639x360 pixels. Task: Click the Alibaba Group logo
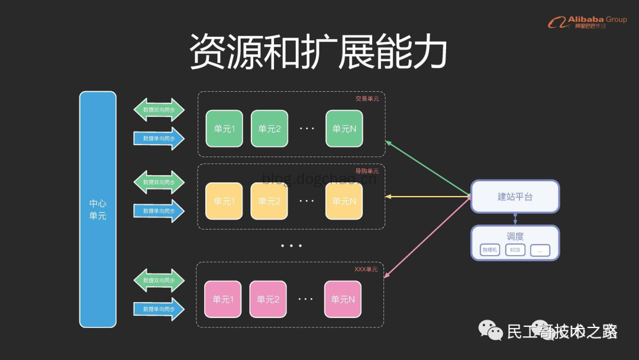click(586, 22)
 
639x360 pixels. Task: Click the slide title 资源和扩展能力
click(318, 52)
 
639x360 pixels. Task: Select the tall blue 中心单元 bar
click(98, 209)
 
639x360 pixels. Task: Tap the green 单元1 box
click(224, 128)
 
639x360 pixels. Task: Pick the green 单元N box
click(344, 128)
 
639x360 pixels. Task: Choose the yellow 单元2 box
click(269, 201)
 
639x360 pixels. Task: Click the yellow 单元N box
click(344, 201)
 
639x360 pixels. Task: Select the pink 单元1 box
click(223, 299)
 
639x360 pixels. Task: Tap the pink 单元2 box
click(268, 299)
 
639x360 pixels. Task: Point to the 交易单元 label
click(367, 99)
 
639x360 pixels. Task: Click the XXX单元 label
click(366, 269)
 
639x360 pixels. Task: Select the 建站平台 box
click(515, 197)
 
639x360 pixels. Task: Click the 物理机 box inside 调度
click(489, 250)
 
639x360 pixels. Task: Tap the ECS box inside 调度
click(515, 250)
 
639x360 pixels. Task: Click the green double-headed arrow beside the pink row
click(159, 280)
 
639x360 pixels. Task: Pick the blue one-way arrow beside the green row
click(159, 139)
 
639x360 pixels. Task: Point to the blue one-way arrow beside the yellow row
click(159, 211)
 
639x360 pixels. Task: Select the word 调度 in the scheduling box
click(515, 236)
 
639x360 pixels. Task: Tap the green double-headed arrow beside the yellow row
click(159, 182)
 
